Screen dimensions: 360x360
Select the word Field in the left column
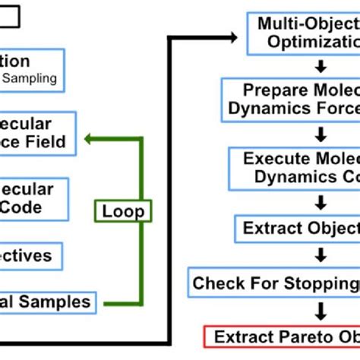[47, 141]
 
